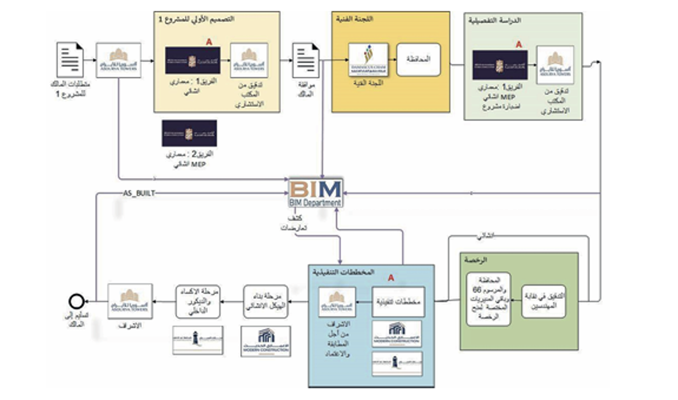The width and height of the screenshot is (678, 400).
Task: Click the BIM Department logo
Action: [x=315, y=193]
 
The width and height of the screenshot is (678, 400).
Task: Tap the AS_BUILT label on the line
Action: [x=138, y=194]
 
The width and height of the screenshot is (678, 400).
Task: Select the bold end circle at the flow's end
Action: [x=76, y=300]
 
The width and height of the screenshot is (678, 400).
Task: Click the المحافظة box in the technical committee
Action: [x=418, y=59]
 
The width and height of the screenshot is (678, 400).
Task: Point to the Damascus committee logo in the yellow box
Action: [x=368, y=59]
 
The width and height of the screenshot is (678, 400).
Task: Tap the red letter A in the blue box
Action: [x=391, y=278]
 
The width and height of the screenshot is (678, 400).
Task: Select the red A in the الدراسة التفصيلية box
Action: [x=519, y=45]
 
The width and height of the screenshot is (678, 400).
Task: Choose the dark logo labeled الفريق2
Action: [x=189, y=133]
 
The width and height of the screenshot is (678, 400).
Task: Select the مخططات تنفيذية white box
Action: [x=398, y=301]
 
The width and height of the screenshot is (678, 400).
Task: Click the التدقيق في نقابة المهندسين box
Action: [x=543, y=301]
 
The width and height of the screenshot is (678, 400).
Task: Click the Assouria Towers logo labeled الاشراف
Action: [x=130, y=301]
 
